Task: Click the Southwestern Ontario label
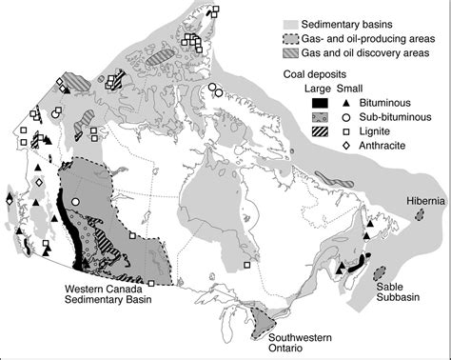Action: tap(291, 342)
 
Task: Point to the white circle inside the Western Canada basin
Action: tap(74, 201)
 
